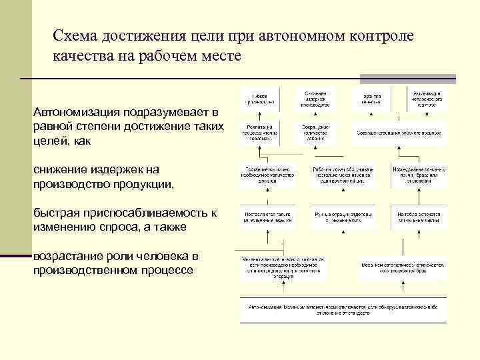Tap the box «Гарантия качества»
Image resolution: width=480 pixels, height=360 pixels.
pyautogui.click(x=371, y=98)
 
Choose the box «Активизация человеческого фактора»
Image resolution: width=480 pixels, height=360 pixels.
pyautogui.click(x=427, y=98)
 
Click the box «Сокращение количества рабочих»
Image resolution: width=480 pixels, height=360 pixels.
pyautogui.click(x=313, y=132)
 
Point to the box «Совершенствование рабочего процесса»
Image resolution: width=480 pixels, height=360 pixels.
pyautogui.click(x=399, y=132)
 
